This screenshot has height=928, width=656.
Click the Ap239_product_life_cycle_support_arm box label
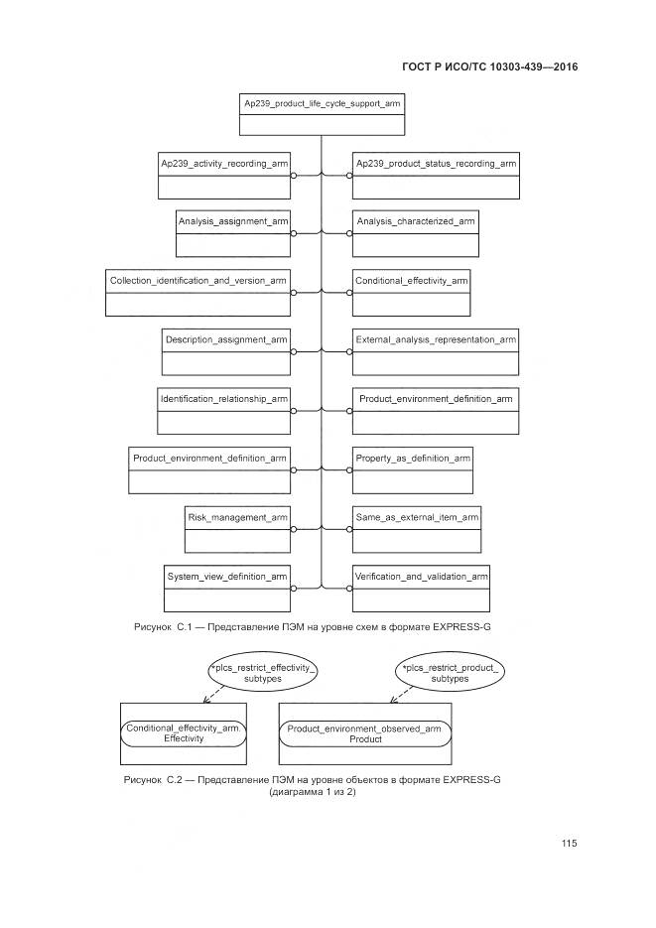pos(323,103)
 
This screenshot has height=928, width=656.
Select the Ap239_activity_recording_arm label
pos(224,163)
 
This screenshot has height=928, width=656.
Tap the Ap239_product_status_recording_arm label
pos(435,163)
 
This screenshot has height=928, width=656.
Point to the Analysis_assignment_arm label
pos(232,221)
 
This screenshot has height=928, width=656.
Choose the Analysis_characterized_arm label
pos(416,221)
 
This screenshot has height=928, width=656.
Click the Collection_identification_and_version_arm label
pos(197,281)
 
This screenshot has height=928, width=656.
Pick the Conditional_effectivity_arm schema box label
pos(411,281)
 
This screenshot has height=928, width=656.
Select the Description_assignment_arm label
pos(226,339)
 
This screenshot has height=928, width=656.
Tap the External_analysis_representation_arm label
pos(435,339)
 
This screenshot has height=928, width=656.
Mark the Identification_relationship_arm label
pos(223,399)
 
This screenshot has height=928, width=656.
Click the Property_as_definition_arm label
pos(413,458)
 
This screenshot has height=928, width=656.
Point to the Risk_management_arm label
pos(237,517)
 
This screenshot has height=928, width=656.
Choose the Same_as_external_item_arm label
pos(417,517)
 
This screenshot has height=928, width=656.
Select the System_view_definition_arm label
pos(227,576)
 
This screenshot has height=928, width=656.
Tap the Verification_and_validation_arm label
pos(422,576)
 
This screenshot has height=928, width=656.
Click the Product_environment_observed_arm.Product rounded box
pos(364,733)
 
